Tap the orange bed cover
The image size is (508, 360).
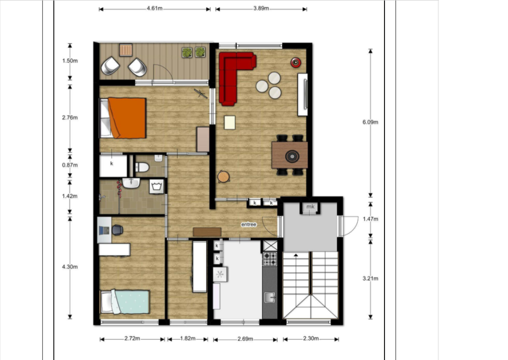coord(127,118)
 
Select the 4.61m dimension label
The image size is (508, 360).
coord(155,8)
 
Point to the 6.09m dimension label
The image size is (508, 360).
coord(370,122)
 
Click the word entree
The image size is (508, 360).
coord(249,224)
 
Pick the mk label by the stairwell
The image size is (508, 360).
coord(311,207)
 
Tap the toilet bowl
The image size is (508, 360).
coord(142,167)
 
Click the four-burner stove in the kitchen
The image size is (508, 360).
coord(270,259)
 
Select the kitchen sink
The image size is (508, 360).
coord(270,297)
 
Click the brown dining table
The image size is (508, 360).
coord(290,155)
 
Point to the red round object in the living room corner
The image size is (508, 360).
coord(296,62)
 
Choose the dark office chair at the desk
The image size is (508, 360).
coord(118,230)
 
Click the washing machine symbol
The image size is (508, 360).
coord(157,187)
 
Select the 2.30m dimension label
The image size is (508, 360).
coord(311,339)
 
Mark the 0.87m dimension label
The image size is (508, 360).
coord(70,165)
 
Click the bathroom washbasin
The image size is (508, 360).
coord(131,183)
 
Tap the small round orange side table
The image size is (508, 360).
coord(224,177)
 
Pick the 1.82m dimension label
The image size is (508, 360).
coord(188,339)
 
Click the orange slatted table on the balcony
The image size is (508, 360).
coord(126,50)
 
